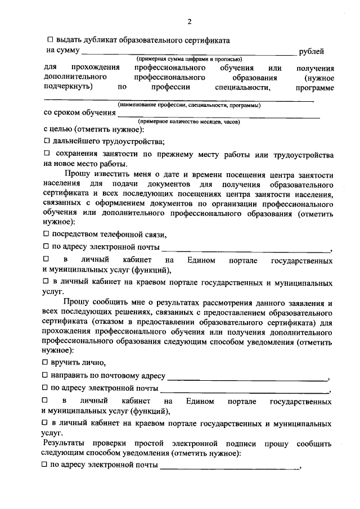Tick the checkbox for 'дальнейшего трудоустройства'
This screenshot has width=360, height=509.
click(x=47, y=141)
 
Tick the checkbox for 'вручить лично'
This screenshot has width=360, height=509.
click(x=47, y=363)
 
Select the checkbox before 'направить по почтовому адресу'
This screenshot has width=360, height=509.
click(x=47, y=375)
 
